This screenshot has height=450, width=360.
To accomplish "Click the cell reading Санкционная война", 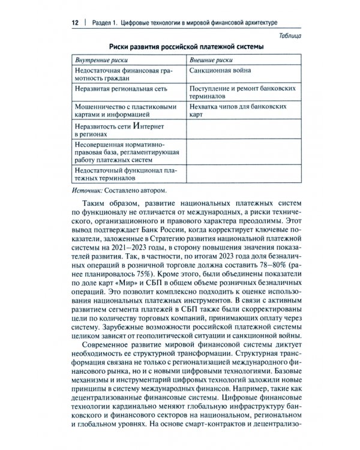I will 223,71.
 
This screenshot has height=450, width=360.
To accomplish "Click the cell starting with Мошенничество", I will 119,111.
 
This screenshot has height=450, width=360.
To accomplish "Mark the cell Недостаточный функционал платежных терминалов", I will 123,174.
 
